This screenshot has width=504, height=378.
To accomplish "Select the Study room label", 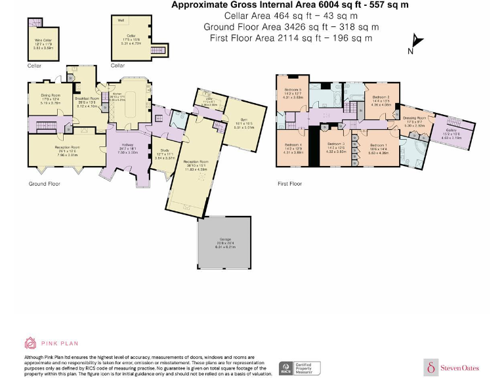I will pyautogui.click(x=164, y=153).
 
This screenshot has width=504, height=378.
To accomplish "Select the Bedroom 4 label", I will pyautogui.click(x=292, y=145).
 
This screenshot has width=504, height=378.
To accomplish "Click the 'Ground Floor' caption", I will pyautogui.click(x=44, y=184).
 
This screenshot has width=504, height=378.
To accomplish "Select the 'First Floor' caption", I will pyautogui.click(x=289, y=184).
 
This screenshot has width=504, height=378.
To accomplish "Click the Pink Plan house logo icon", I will pyautogui.click(x=30, y=343).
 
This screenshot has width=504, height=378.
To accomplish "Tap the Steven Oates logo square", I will pyautogui.click(x=431, y=367).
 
